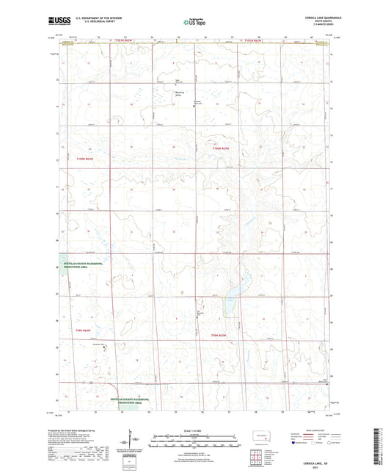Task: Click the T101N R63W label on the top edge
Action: click(x=123, y=39)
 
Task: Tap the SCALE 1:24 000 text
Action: click(x=195, y=429)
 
